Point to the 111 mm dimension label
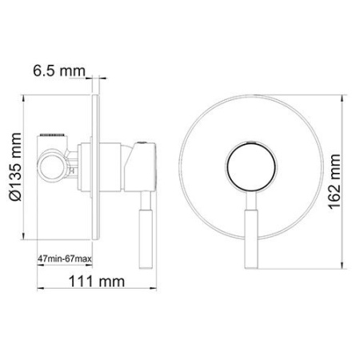tap(88, 282)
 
